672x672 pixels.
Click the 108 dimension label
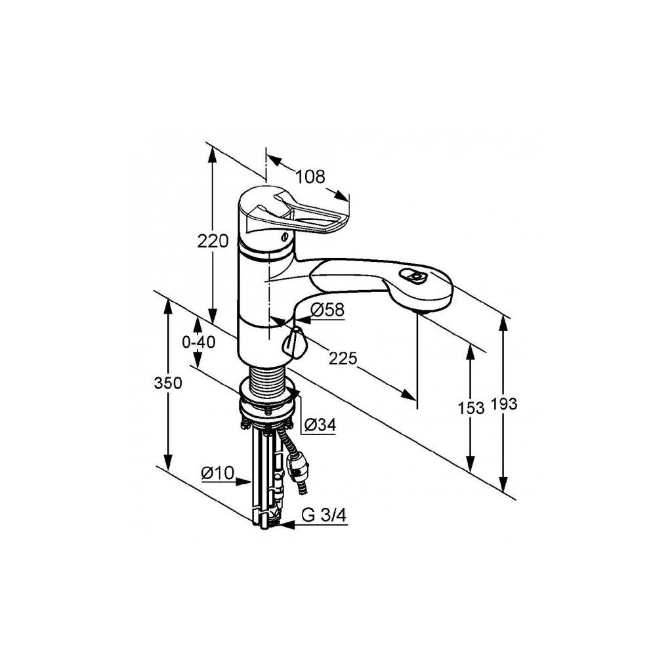[310, 176]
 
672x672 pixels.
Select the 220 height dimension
[213, 241]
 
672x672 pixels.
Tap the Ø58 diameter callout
[327, 310]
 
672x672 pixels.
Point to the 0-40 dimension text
[198, 343]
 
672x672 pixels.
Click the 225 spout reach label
[343, 358]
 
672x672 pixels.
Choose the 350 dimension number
[168, 383]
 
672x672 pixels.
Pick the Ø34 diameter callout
[320, 425]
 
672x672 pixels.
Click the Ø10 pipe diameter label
[218, 473]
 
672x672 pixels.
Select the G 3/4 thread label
[324, 516]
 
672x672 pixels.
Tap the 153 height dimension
[471, 408]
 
